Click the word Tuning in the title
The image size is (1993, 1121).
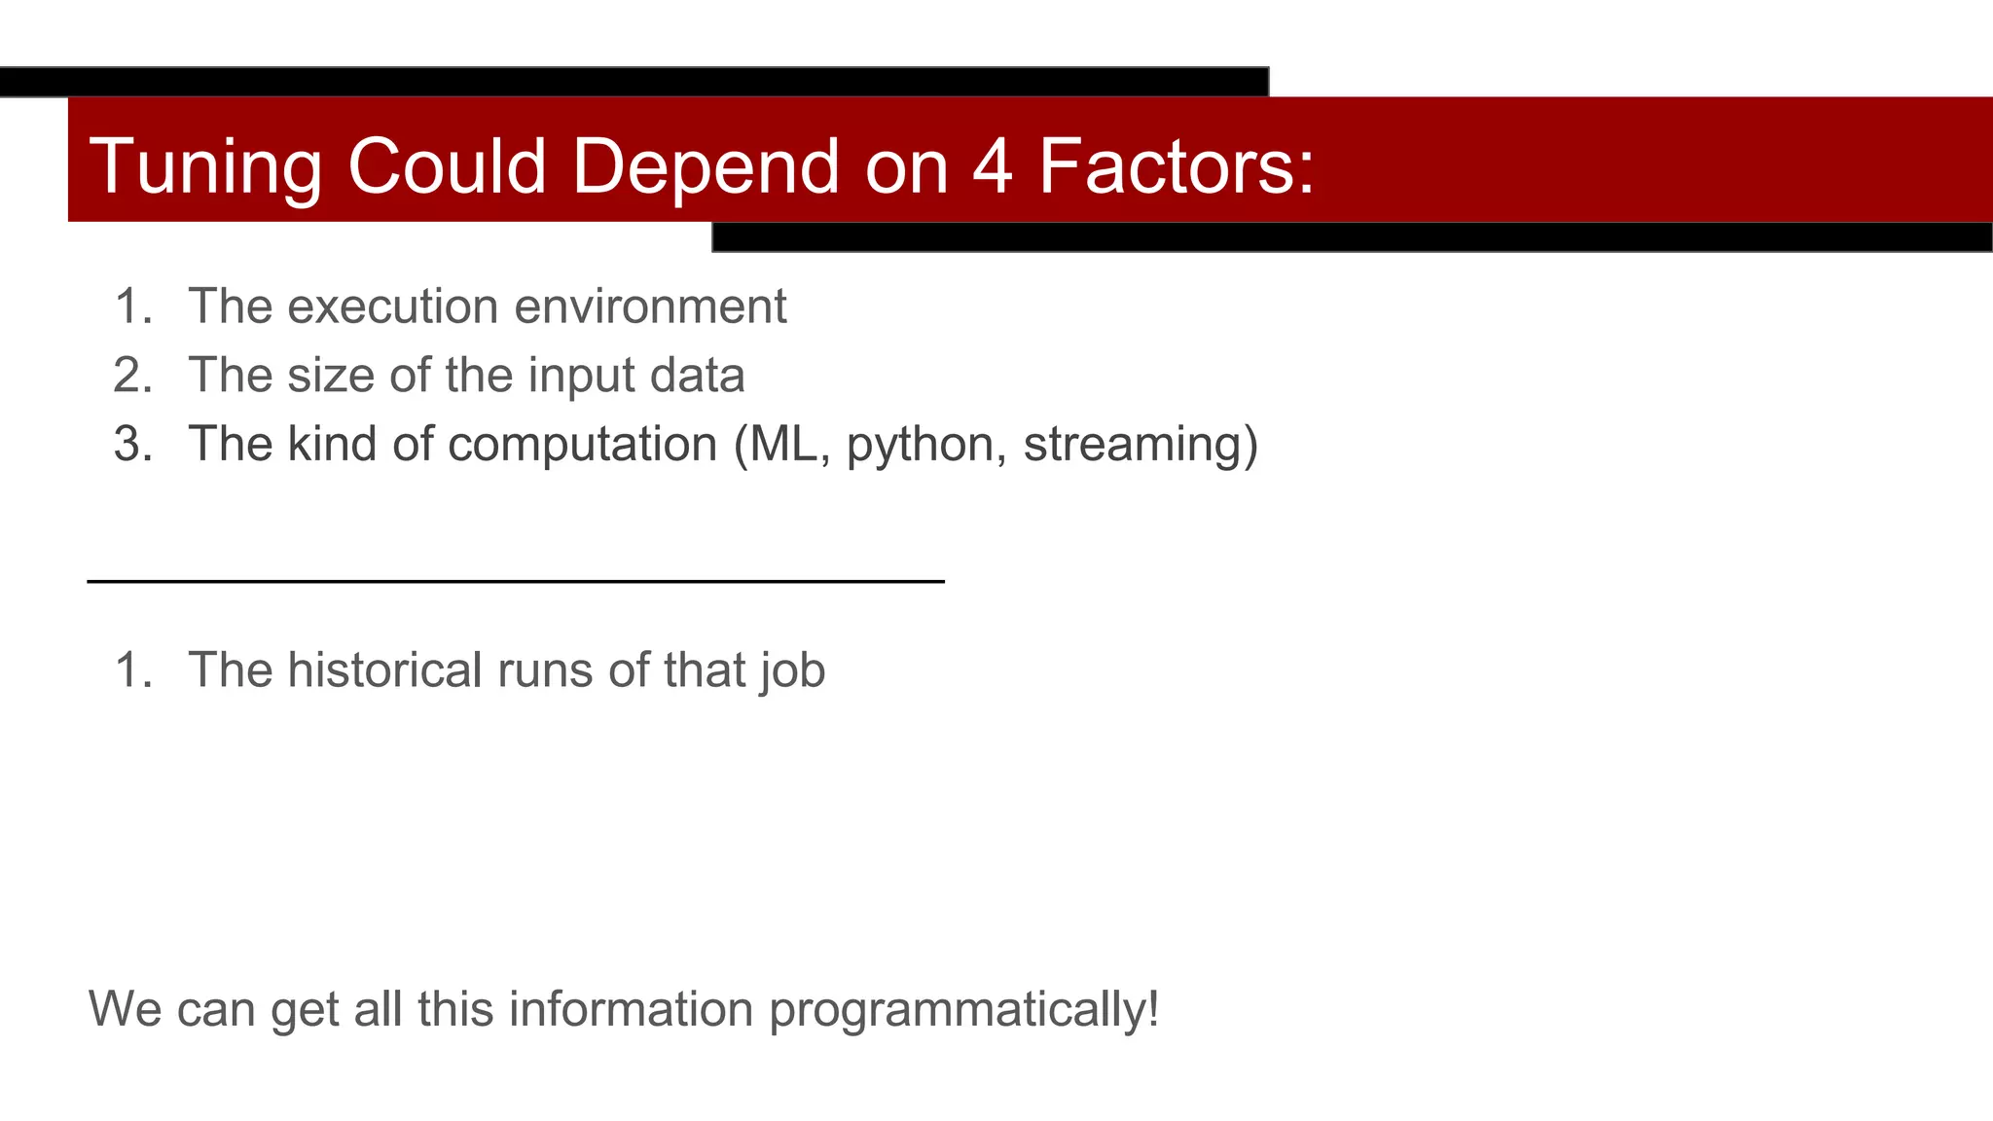pyautogui.click(x=205, y=166)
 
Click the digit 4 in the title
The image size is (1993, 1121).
pyautogui.click(x=992, y=166)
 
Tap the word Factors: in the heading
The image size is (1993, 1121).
pyautogui.click(x=1177, y=166)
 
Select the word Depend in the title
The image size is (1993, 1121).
pyautogui.click(x=706, y=166)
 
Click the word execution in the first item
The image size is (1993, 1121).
pyautogui.click(x=393, y=307)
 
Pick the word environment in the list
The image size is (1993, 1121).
pyautogui.click(x=650, y=307)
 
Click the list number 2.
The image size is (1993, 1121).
pyautogui.click(x=131, y=376)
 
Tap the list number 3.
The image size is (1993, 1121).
pyautogui.click(x=131, y=444)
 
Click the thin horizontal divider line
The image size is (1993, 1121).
pyautogui.click(x=516, y=581)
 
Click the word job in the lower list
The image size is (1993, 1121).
pyautogui.click(x=793, y=670)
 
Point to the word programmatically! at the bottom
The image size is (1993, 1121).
pyautogui.click(x=963, y=1009)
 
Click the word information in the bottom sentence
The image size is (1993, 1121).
pyautogui.click(x=631, y=1009)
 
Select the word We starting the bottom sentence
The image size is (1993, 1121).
pyautogui.click(x=125, y=1009)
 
